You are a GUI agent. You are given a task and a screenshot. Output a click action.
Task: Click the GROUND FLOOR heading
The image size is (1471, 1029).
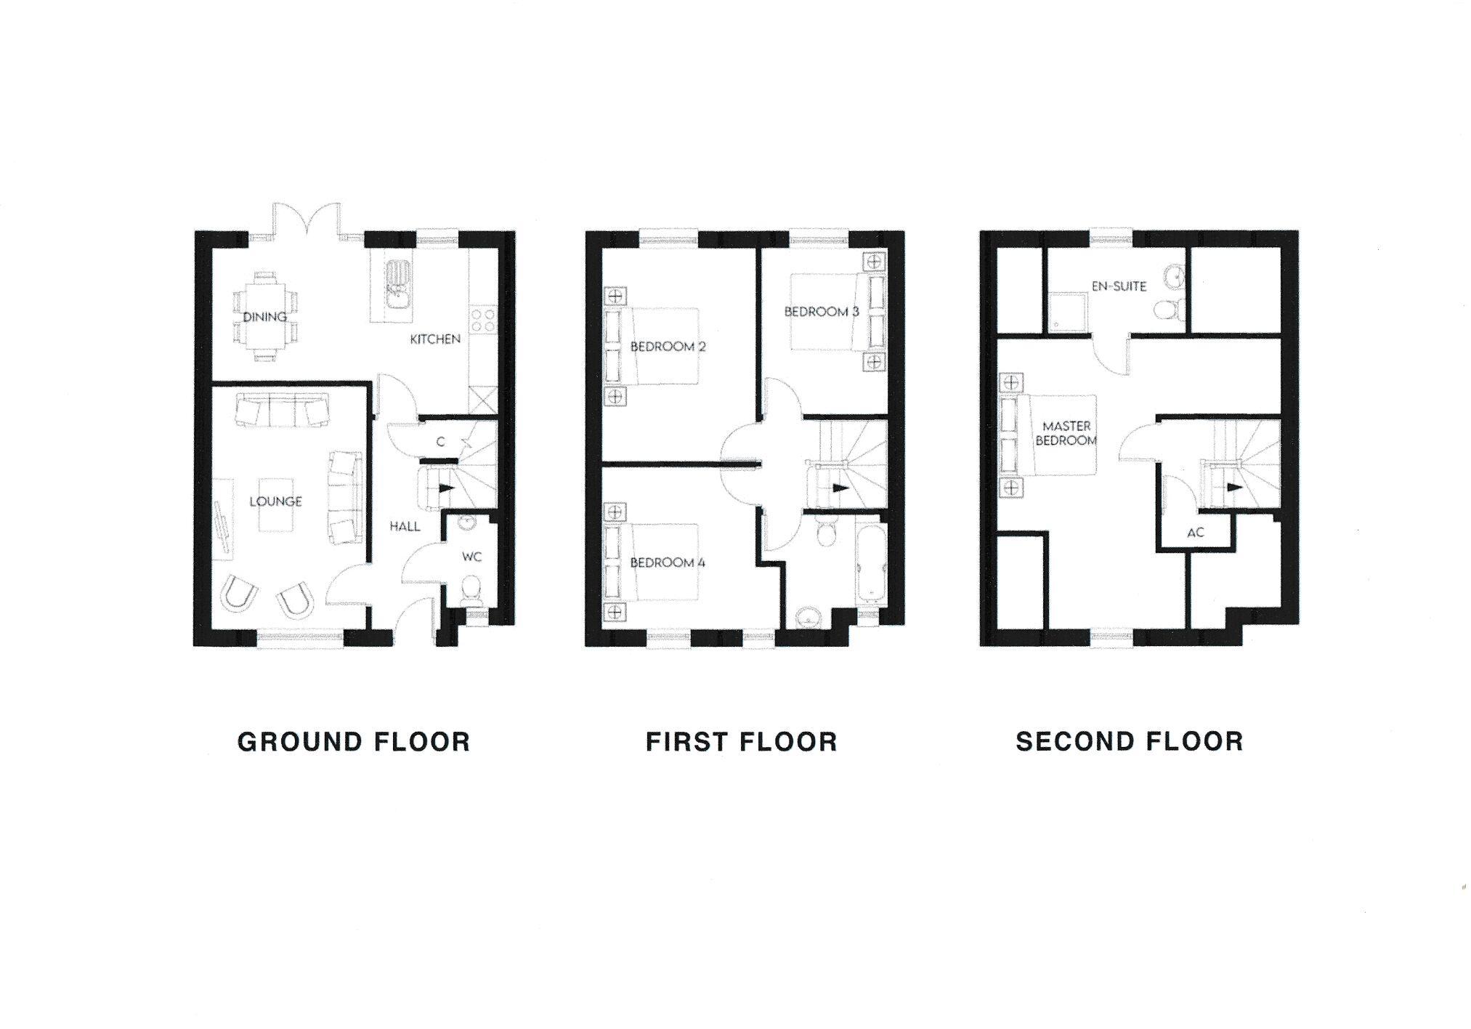354,742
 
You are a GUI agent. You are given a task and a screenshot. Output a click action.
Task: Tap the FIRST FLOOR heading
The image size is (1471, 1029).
742,742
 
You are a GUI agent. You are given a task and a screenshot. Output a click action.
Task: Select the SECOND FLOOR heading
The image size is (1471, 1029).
1130,741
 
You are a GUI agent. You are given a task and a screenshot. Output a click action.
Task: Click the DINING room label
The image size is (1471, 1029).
265,317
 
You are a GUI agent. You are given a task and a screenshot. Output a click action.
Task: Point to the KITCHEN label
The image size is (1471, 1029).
435,339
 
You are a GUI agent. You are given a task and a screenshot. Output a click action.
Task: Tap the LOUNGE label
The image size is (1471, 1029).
276,501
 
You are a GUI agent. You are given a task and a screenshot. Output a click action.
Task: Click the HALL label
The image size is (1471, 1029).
405,526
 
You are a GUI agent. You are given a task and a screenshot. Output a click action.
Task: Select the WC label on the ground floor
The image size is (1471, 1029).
472,557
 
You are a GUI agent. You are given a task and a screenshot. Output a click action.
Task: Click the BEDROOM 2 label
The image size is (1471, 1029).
668,347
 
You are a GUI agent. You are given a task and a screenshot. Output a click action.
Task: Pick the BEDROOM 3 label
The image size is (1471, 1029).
822,312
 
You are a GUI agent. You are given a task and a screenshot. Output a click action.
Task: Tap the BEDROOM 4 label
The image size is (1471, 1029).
668,562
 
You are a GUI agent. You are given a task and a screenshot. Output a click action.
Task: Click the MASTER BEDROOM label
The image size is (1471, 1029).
1066,433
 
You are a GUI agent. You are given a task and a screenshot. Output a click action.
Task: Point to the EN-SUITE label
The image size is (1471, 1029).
1119,286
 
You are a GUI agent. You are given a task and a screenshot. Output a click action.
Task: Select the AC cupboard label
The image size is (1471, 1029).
1196,533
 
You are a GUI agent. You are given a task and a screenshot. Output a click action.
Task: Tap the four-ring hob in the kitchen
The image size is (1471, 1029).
484,322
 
